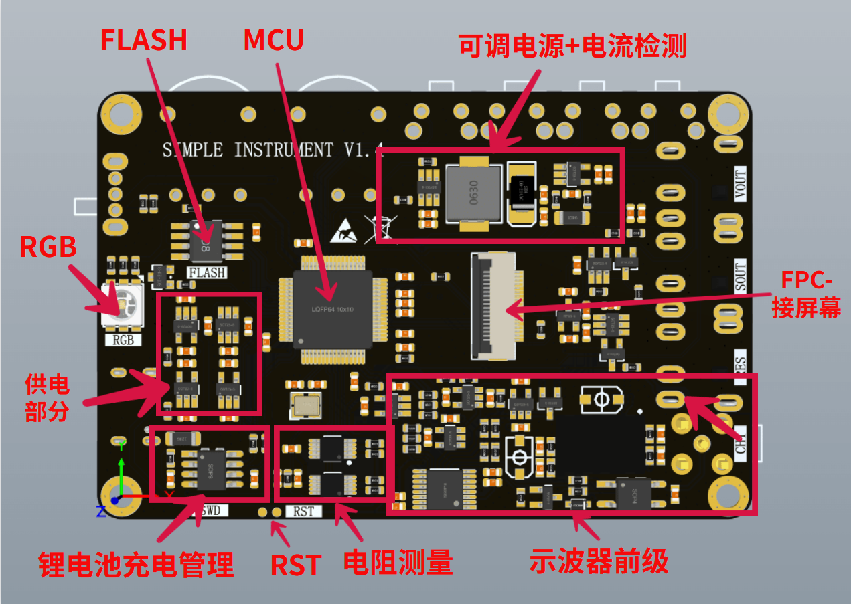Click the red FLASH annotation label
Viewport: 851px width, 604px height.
[143, 40]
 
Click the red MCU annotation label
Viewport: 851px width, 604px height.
[273, 41]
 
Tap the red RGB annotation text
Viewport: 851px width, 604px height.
[48, 247]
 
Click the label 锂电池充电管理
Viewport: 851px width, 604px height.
[136, 565]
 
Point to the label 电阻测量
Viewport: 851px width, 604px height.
[398, 563]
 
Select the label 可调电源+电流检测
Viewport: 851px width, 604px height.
[572, 46]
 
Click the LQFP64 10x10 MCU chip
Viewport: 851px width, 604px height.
[332, 308]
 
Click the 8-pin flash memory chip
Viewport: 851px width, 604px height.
[206, 240]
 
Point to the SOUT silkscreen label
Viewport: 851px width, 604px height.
[740, 275]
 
